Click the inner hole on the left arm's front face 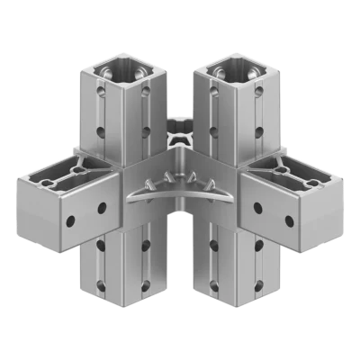(x=102, y=209)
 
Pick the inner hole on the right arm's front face (x=258, y=209)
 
